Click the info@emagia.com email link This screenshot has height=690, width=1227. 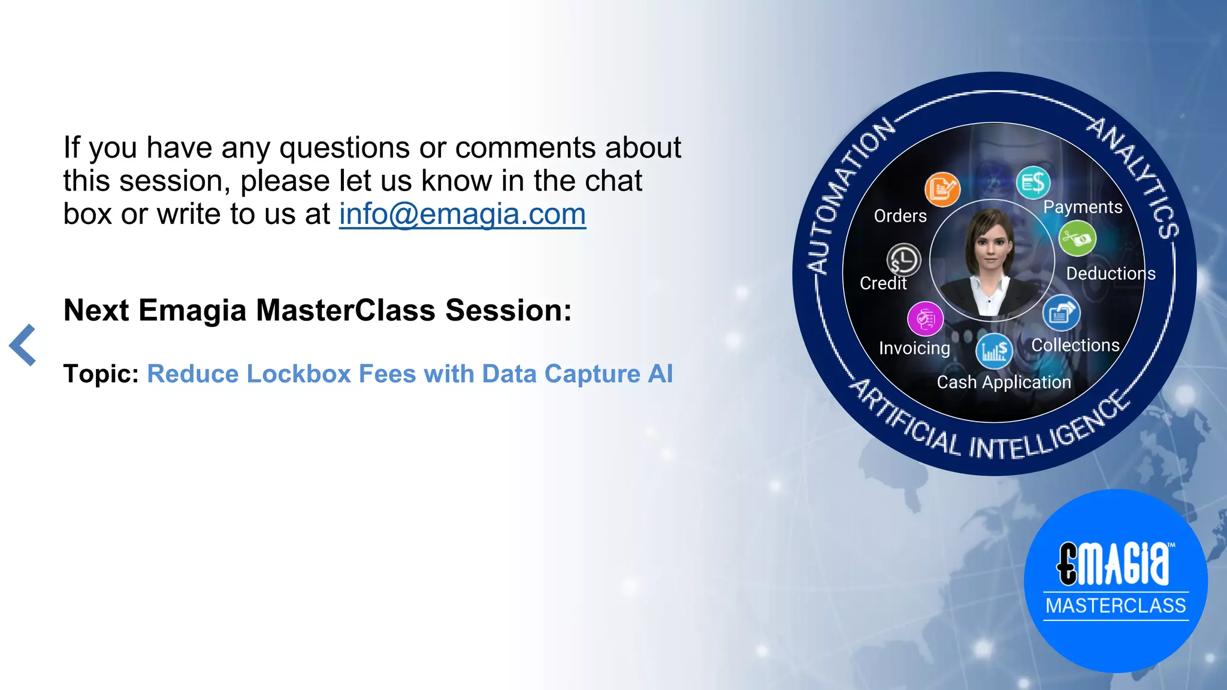pyautogui.click(x=462, y=214)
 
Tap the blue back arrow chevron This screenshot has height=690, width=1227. pyautogui.click(x=23, y=345)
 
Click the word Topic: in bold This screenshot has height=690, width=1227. pyautogui.click(x=101, y=374)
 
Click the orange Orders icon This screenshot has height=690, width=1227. pyautogui.click(x=942, y=189)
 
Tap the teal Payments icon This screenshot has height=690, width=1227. pyautogui.click(x=1033, y=183)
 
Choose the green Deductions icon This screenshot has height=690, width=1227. pyautogui.click(x=1077, y=238)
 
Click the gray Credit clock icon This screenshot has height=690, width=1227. pyautogui.click(x=903, y=260)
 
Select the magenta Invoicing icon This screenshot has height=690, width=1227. pyautogui.click(x=925, y=319)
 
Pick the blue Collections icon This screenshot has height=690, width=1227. pyautogui.click(x=1061, y=313)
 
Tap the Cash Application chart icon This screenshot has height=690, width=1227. pyautogui.click(x=994, y=351)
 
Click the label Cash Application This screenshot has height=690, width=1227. pyautogui.click(x=1004, y=382)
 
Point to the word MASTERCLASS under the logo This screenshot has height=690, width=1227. pyautogui.click(x=1116, y=606)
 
